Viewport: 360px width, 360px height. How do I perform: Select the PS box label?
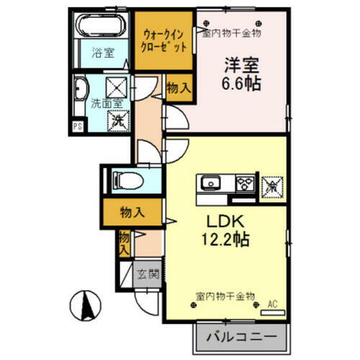78,127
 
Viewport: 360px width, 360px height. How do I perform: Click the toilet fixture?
130,180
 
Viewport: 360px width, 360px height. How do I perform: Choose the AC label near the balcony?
273,304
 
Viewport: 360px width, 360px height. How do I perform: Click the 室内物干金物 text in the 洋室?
231,32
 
